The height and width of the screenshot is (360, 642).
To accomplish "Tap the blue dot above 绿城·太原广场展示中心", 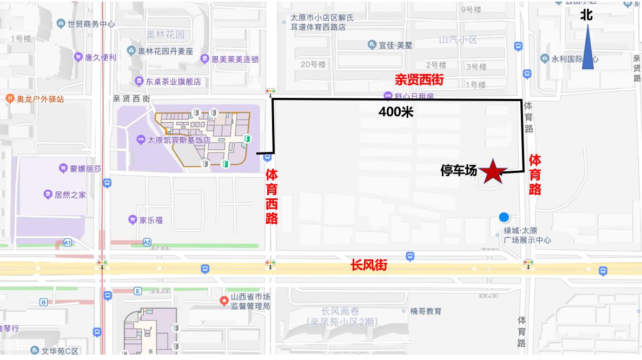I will [x=504, y=217].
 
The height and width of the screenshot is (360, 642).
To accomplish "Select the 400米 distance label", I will [x=395, y=112].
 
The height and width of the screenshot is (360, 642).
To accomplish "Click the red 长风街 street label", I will [x=369, y=266].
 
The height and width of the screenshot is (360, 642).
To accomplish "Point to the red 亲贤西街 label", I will [x=419, y=81].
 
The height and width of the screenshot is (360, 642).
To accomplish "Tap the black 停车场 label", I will [x=459, y=171].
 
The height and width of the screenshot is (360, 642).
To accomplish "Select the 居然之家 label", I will [x=70, y=195].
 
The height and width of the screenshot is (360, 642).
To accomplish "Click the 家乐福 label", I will [x=151, y=220].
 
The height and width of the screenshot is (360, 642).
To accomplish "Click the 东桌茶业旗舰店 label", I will [x=173, y=82].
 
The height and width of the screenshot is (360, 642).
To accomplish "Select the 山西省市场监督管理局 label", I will [x=250, y=302].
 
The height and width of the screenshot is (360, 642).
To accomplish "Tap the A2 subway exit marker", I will [x=147, y=243].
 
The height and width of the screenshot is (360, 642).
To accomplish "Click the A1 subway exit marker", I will [x=68, y=243].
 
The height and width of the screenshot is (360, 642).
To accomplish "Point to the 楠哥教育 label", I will [x=426, y=311].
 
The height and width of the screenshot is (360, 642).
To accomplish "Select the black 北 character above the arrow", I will [x=587, y=15].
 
